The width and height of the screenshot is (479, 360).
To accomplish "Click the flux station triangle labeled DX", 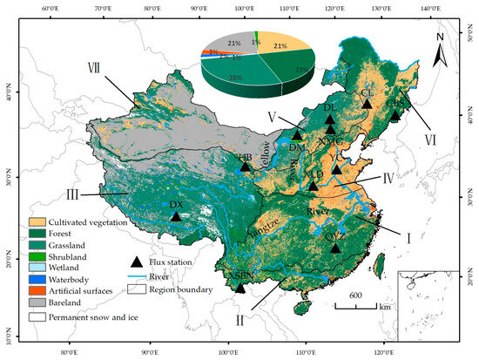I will [176, 216].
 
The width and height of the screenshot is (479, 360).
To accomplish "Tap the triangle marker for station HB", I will [245, 166].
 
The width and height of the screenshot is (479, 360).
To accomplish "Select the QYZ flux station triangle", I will [336, 248].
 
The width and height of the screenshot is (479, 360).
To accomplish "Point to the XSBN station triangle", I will [239, 287].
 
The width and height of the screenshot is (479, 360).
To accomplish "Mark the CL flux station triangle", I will [367, 103].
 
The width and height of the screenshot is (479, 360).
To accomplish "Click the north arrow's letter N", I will [441, 37].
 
